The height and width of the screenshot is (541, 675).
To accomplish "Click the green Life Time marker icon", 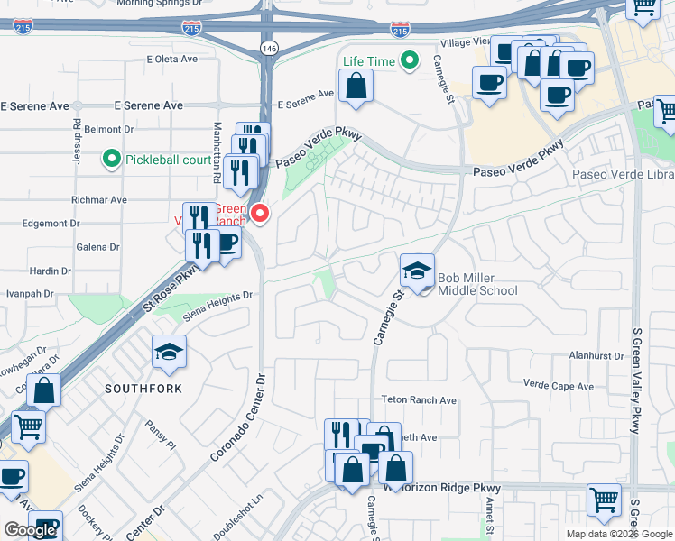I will [x=410, y=61].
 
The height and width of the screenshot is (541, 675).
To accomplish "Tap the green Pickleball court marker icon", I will [x=112, y=160].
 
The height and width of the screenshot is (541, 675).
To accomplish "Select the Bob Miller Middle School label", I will [x=477, y=284].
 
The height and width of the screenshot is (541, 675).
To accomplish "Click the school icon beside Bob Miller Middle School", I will [x=418, y=271].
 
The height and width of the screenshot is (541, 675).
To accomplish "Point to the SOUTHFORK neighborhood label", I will [x=143, y=389].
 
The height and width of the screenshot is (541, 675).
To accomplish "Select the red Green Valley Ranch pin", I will [x=261, y=214].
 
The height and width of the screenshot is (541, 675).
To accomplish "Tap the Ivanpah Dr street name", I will [x=32, y=294].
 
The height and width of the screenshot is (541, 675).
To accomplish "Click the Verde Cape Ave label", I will [x=559, y=386].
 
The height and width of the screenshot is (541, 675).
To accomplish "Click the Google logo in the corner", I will [x=30, y=530].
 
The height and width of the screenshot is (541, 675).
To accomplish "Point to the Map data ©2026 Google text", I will [x=619, y=534].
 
